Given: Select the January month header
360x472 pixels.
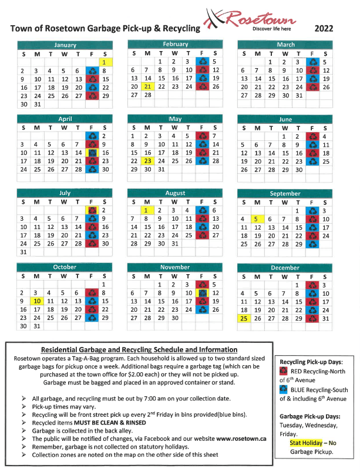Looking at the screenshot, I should click(65, 45).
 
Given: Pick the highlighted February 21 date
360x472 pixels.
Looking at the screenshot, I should click(147, 86).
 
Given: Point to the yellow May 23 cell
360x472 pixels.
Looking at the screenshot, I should click(147, 160).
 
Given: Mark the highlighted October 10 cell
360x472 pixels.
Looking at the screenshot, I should click(36, 301).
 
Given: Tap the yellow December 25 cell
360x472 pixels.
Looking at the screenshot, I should click(243, 318).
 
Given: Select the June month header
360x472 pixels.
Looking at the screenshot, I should click(285, 119).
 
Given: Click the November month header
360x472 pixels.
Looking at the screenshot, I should click(176, 267).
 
